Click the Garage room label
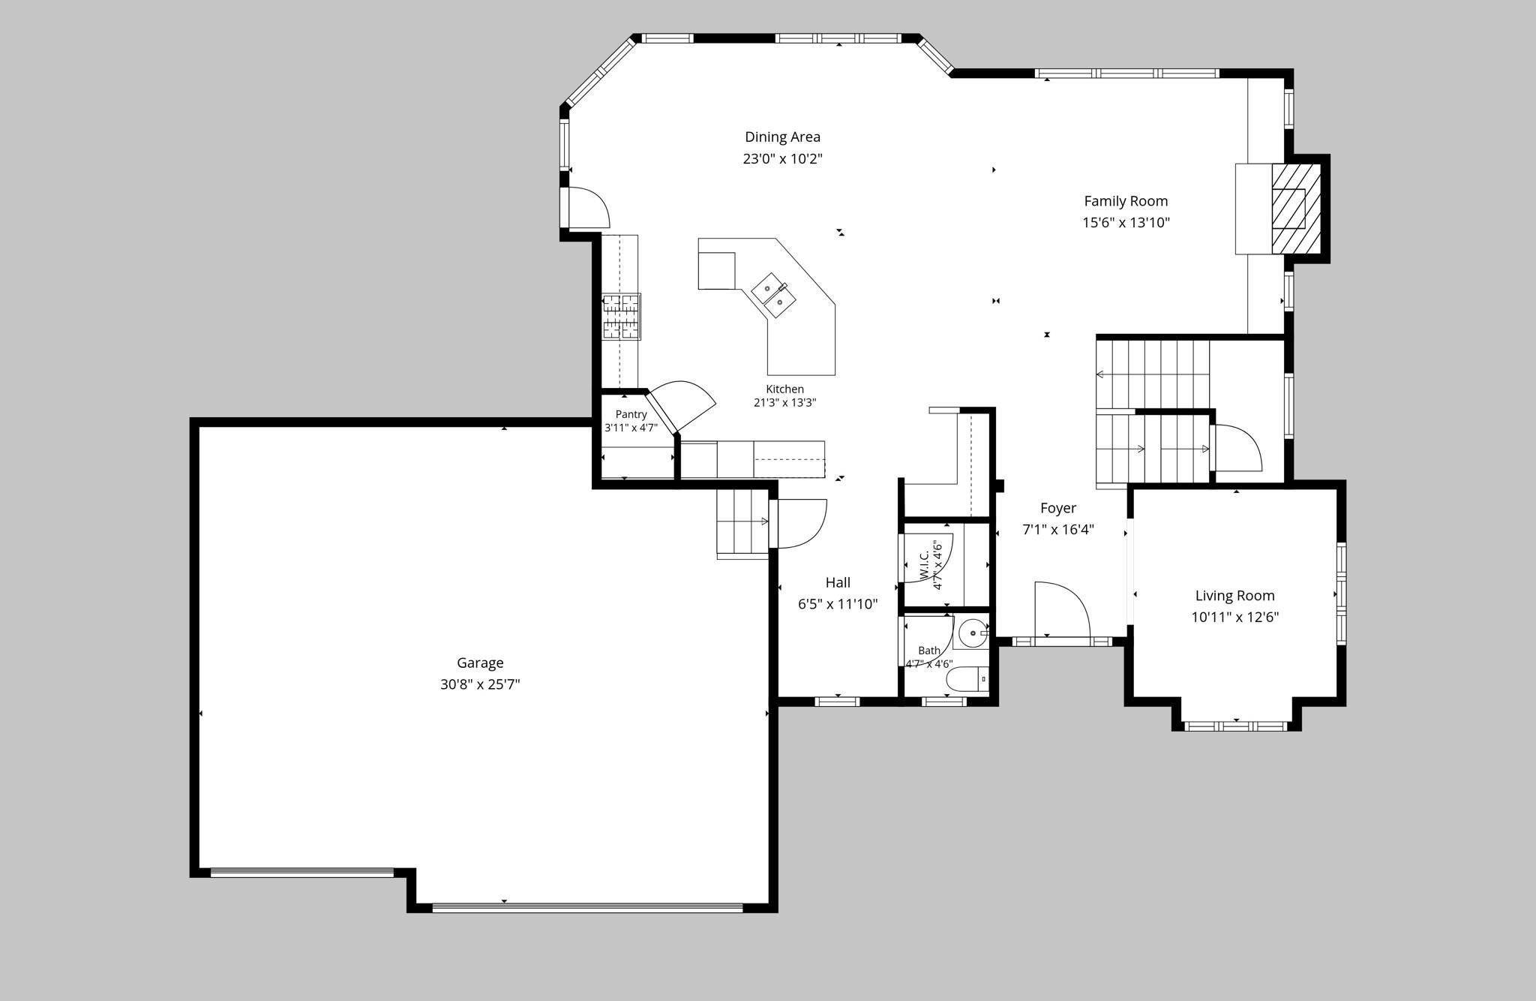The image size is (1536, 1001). pyautogui.click(x=480, y=663)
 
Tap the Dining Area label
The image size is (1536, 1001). pyautogui.click(x=782, y=137)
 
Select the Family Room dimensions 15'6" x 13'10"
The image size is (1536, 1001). pyautogui.click(x=1126, y=222)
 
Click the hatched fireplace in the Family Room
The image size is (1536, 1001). pyautogui.click(x=1295, y=209)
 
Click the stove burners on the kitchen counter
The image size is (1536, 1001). pyautogui.click(x=621, y=316)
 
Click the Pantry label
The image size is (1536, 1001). pyautogui.click(x=631, y=414)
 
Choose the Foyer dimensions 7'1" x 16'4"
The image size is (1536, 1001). pyautogui.click(x=1058, y=530)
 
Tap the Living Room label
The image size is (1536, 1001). pyautogui.click(x=1234, y=596)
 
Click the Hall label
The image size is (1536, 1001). pyautogui.click(x=838, y=582)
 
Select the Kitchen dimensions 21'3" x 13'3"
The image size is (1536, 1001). pyautogui.click(x=784, y=402)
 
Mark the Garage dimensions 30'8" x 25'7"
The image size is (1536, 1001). pyautogui.click(x=480, y=684)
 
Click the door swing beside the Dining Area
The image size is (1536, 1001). pyautogui.click(x=589, y=207)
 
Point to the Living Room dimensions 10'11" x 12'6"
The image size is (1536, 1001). pyautogui.click(x=1234, y=618)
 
